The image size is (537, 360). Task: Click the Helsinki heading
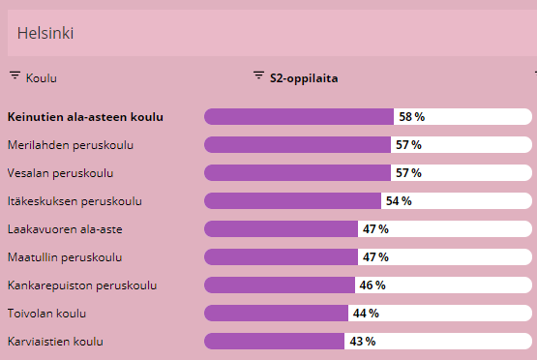click(46, 34)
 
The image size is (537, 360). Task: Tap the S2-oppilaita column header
click(303, 76)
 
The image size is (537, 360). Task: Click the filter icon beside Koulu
click(15, 76)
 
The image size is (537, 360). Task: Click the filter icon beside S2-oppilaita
click(258, 76)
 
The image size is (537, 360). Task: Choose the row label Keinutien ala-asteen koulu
click(85, 117)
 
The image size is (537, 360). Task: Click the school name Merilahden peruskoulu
click(70, 145)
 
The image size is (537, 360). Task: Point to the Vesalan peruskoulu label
click(60, 173)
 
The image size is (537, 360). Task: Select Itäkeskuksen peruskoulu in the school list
click(75, 201)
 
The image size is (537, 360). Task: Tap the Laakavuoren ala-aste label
click(64, 229)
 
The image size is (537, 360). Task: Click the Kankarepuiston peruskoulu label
click(81, 285)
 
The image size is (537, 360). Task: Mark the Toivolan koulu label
click(47, 314)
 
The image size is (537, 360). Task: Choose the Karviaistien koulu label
click(55, 342)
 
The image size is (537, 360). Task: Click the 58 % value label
click(411, 117)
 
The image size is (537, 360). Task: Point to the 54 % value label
click(399, 201)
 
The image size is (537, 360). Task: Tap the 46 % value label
click(372, 285)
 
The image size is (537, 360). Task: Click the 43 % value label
click(362, 342)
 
